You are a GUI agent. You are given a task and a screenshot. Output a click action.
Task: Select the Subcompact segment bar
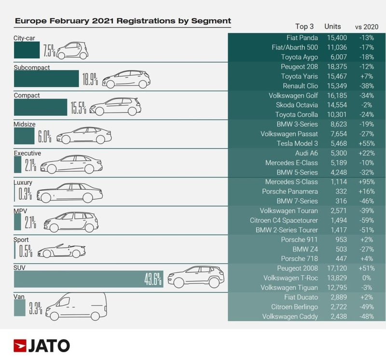tap(46, 79)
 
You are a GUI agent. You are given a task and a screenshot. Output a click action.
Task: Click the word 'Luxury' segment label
tap(23, 182)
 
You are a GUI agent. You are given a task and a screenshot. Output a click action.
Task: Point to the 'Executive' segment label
tap(28, 153)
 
